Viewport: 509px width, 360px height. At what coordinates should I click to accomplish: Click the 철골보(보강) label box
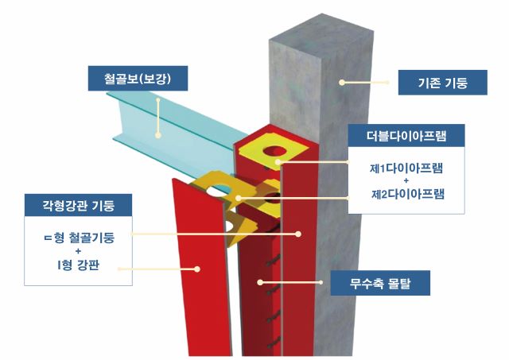coord(138,79)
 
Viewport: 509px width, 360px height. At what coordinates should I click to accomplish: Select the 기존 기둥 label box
coord(443,83)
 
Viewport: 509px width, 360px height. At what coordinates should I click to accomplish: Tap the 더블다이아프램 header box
coord(406,136)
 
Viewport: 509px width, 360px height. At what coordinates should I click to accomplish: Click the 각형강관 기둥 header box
coord(78,205)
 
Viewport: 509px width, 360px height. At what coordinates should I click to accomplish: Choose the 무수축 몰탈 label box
coord(380,283)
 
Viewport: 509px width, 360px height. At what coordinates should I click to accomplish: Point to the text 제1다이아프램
coord(406,168)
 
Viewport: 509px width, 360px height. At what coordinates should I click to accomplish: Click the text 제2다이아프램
coord(408,194)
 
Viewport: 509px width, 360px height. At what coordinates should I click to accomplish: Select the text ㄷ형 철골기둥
coord(79,238)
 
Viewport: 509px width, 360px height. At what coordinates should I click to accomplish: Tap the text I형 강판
coord(78,265)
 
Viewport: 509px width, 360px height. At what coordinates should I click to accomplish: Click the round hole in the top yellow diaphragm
coord(275,152)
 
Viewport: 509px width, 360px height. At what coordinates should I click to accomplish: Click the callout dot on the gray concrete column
coord(342,83)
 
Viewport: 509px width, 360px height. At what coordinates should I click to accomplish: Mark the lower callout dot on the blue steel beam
coord(158,135)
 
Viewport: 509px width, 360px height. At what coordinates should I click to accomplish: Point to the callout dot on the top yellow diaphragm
coord(278,162)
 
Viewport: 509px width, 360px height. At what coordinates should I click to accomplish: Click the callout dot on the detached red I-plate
coord(197,269)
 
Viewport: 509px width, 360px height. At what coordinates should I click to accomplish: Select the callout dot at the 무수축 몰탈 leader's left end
coord(260,282)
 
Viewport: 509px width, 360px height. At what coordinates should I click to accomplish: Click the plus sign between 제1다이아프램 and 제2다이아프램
coord(406,181)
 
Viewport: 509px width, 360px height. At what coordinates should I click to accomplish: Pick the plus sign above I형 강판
coord(78,251)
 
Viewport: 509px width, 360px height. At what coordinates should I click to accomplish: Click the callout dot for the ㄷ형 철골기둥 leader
coord(298,234)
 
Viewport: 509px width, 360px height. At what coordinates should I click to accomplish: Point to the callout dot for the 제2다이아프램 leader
coord(239,198)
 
